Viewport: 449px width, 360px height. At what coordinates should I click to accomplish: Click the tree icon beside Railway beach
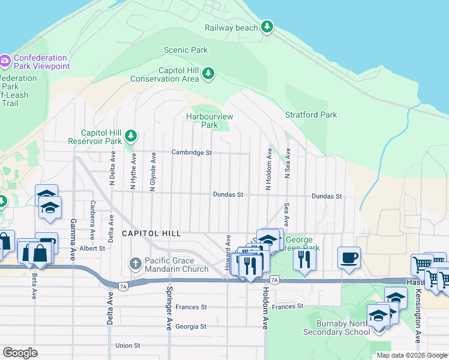pos(267,27)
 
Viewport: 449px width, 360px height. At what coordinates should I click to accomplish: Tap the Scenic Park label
pos(185,50)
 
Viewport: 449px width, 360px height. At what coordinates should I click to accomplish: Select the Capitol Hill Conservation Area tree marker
pos(208,74)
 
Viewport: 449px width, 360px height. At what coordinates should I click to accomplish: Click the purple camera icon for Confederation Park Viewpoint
pos(5,60)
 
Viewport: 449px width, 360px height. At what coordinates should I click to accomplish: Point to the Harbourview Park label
pos(209,121)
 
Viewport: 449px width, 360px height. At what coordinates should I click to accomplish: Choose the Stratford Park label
pos(311,115)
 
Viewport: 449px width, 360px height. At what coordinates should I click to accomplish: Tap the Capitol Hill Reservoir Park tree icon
pos(130,137)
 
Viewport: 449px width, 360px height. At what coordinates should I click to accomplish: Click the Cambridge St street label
pos(192,153)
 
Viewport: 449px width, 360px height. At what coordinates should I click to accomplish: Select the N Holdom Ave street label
pos(270,170)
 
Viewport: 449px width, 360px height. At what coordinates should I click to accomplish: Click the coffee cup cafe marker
pos(349,258)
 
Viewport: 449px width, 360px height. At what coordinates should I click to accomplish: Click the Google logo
pos(20,352)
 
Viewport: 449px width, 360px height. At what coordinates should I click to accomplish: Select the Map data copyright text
pos(412,355)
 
